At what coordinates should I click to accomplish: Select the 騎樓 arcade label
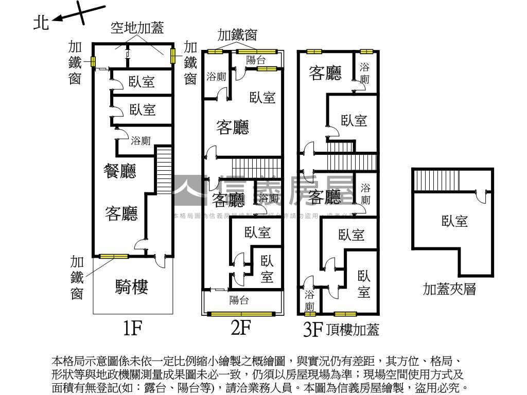(x=132, y=286)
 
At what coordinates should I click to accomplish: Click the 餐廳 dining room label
(x=120, y=171)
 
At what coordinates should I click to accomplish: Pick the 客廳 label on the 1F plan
(x=121, y=213)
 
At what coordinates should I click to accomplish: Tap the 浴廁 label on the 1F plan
(x=140, y=140)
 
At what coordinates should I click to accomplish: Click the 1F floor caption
(x=132, y=328)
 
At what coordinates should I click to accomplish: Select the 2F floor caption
(x=241, y=328)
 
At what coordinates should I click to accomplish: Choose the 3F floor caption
(x=312, y=329)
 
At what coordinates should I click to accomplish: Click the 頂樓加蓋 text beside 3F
(x=353, y=330)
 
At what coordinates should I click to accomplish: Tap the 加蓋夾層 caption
(x=449, y=289)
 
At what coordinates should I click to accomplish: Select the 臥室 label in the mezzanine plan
(x=454, y=221)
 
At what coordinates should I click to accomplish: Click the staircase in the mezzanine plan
(x=430, y=180)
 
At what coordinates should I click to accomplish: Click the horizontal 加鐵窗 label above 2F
(x=237, y=35)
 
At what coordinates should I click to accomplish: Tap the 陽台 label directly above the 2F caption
(x=239, y=300)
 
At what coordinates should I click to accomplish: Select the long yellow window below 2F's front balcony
(x=242, y=313)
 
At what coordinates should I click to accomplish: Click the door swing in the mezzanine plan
(x=482, y=197)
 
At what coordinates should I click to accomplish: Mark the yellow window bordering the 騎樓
(x=114, y=256)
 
